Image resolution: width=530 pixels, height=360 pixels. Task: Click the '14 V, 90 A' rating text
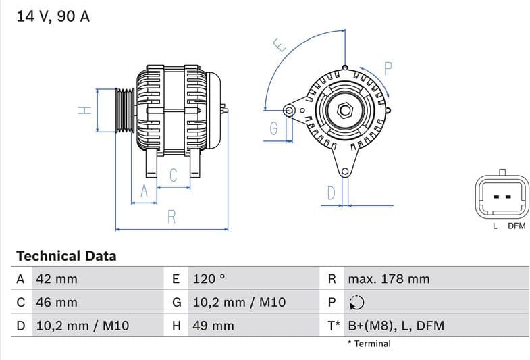(53, 17)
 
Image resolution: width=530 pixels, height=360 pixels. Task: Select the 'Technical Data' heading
(66, 256)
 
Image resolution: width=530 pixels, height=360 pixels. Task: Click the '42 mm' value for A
(56, 279)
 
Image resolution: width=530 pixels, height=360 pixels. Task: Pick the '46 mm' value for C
(56, 303)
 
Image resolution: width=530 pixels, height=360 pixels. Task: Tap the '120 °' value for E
(208, 279)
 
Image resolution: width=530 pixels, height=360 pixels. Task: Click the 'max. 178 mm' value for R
(388, 279)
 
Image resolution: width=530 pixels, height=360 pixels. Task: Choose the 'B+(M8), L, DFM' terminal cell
(396, 326)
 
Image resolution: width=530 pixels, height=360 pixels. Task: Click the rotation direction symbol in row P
(357, 303)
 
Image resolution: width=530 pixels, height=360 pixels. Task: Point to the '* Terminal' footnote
(369, 344)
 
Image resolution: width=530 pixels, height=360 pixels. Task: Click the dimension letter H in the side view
(84, 110)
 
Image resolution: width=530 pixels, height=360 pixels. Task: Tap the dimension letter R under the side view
(172, 217)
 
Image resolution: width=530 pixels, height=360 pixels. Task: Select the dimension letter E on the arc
(280, 46)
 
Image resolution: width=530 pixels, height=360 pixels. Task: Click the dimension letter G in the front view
(273, 128)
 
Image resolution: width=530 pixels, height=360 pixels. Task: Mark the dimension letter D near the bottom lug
(331, 193)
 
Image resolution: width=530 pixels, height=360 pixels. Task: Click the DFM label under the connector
(516, 226)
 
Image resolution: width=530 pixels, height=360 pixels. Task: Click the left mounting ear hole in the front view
(290, 110)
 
